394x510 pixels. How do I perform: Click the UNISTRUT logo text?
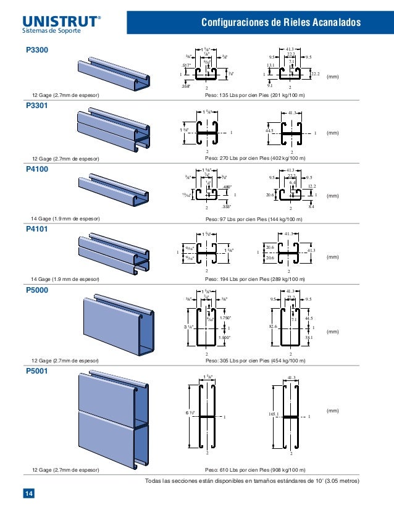[59, 19]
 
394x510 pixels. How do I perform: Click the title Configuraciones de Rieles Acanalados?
[282, 23]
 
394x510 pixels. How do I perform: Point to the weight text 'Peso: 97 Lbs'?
[253, 219]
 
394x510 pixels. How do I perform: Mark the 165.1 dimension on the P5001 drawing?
[273, 415]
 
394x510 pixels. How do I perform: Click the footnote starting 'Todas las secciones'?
[252, 482]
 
